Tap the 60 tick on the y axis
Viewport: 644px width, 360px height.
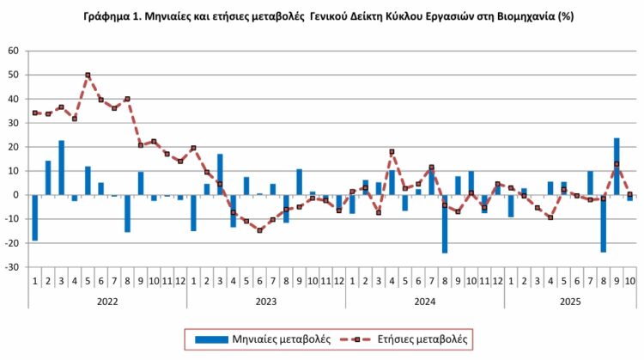coord(13,51)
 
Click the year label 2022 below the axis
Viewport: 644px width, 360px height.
coord(106,302)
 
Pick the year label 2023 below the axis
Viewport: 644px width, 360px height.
coord(265,302)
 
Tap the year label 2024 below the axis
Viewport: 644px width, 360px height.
coord(424,302)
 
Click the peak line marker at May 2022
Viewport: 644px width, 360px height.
coord(88,76)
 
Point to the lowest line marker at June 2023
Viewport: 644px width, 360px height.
coord(259,230)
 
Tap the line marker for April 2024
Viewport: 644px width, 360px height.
coord(392,152)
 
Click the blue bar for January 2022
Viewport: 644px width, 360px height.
coord(34,217)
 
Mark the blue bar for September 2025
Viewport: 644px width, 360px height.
coord(617,166)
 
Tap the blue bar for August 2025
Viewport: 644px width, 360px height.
coord(604,223)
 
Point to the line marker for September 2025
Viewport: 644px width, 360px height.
coord(617,164)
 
